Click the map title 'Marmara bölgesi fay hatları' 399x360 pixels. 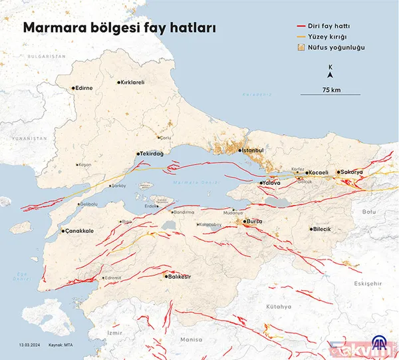120,29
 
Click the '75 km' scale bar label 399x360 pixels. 331,89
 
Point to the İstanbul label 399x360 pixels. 254,150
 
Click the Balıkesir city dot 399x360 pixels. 165,275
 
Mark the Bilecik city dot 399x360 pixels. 311,229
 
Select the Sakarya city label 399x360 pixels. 352,172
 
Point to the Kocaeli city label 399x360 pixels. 319,173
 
